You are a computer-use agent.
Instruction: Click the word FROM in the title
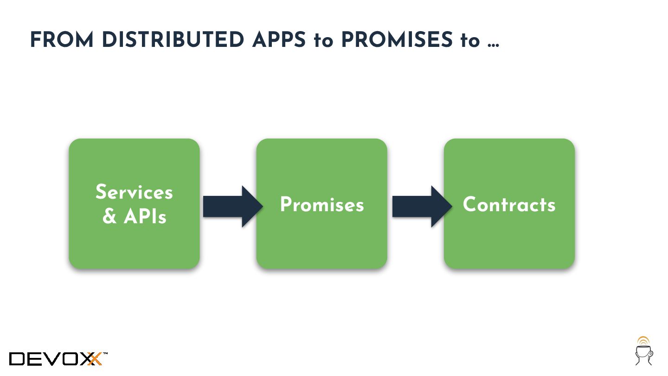point(62,40)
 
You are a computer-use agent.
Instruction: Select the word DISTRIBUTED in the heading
point(173,40)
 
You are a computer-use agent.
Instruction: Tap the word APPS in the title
point(279,40)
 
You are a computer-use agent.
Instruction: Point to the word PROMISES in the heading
point(397,40)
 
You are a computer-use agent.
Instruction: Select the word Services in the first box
point(134,192)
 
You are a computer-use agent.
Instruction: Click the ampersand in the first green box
point(109,216)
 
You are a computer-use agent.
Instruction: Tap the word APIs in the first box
point(145,216)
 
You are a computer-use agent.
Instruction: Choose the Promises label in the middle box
point(322,205)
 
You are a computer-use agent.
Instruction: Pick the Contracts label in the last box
point(509,205)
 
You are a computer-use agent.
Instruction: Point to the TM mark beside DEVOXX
point(105,354)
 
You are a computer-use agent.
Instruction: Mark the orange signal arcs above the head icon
point(642,340)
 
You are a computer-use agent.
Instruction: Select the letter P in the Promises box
point(286,205)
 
